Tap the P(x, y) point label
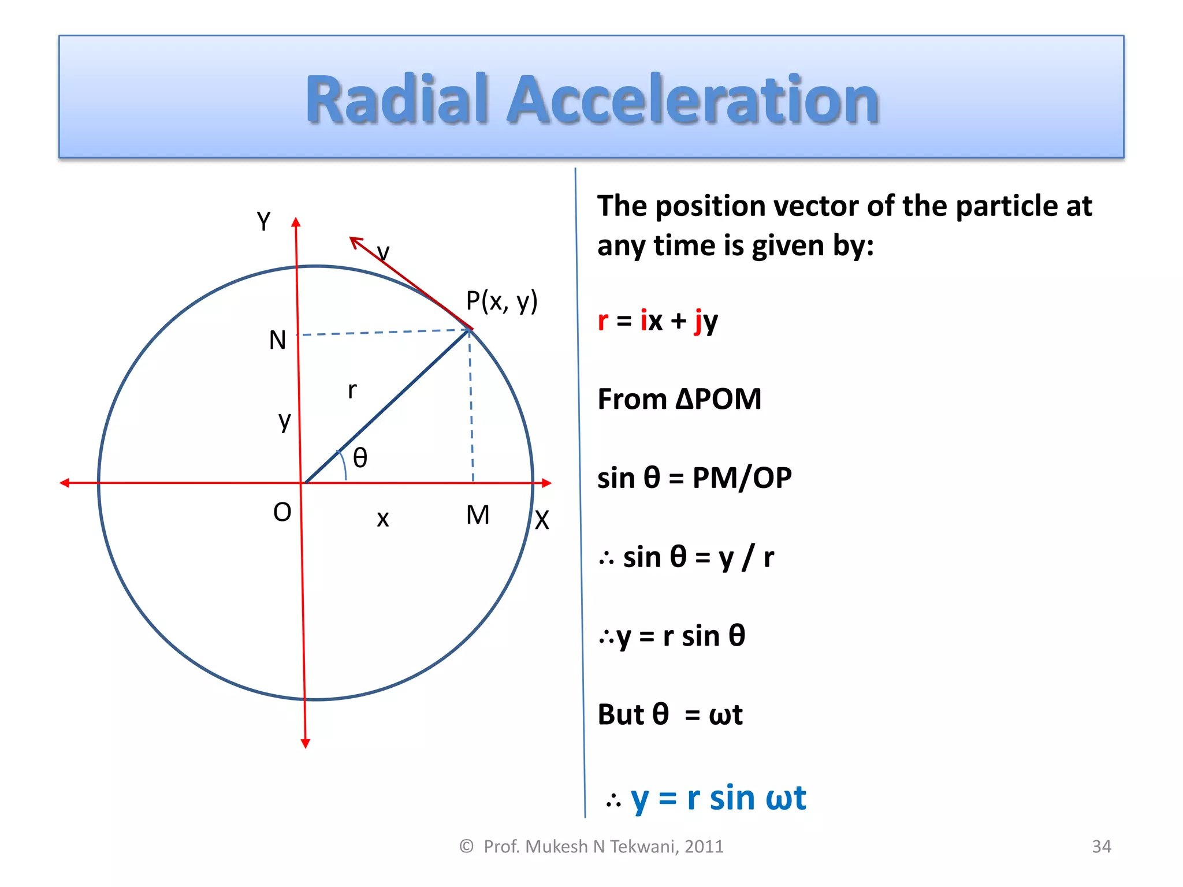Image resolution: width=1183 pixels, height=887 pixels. point(501,301)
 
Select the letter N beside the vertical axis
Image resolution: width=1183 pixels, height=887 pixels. point(277,340)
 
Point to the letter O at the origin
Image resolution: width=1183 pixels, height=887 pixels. point(282,512)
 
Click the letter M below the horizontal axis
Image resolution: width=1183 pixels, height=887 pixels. point(478,515)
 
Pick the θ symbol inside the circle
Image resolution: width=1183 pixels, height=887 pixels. point(360,458)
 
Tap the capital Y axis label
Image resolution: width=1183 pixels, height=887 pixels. point(263,221)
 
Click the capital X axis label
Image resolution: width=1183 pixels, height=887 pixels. point(541,520)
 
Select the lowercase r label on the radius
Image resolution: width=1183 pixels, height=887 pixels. point(352,390)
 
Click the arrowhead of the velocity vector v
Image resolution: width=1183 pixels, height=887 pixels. point(355,241)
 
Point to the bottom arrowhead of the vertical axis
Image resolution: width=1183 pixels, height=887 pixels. point(306,743)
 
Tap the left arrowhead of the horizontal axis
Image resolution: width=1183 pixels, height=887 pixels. point(65,483)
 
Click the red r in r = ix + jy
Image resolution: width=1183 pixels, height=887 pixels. point(603,320)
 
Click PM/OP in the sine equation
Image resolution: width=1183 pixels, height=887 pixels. point(742,478)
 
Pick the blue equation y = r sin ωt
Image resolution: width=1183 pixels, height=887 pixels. point(718,799)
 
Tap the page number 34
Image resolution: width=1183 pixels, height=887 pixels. point(1101,847)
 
